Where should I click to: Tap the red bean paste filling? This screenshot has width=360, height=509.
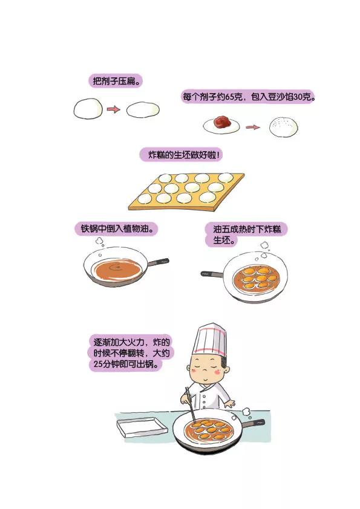point(222,121)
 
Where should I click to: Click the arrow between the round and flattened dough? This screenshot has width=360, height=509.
point(113,109)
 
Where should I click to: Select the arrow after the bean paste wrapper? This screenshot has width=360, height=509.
point(253,127)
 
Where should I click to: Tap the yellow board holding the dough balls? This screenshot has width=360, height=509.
point(186,192)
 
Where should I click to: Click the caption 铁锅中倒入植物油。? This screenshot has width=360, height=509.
point(117,229)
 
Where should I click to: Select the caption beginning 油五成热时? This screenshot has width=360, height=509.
point(247,235)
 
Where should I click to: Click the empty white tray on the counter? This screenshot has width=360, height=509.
point(142,427)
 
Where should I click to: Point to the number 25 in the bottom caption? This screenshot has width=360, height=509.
point(98,364)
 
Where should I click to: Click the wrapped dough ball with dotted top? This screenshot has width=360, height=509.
point(284,127)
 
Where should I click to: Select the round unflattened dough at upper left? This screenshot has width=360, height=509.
point(88,109)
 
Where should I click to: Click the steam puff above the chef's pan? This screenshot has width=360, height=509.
point(247,412)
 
